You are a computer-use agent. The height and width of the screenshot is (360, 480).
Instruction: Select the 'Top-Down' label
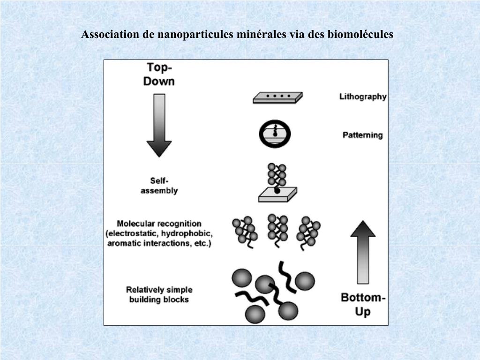158,75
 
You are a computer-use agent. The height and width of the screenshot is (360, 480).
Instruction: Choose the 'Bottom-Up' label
363,304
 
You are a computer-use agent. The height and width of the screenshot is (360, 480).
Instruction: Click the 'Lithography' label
363,97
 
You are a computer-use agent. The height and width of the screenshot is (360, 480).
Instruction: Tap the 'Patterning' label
362,135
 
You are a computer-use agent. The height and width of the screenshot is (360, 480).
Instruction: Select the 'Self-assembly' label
159,186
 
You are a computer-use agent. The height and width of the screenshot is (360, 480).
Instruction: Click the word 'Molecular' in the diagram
135,224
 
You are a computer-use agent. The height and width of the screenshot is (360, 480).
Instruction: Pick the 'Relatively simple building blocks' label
159,294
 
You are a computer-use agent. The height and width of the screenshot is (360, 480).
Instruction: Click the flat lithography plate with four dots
277,97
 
